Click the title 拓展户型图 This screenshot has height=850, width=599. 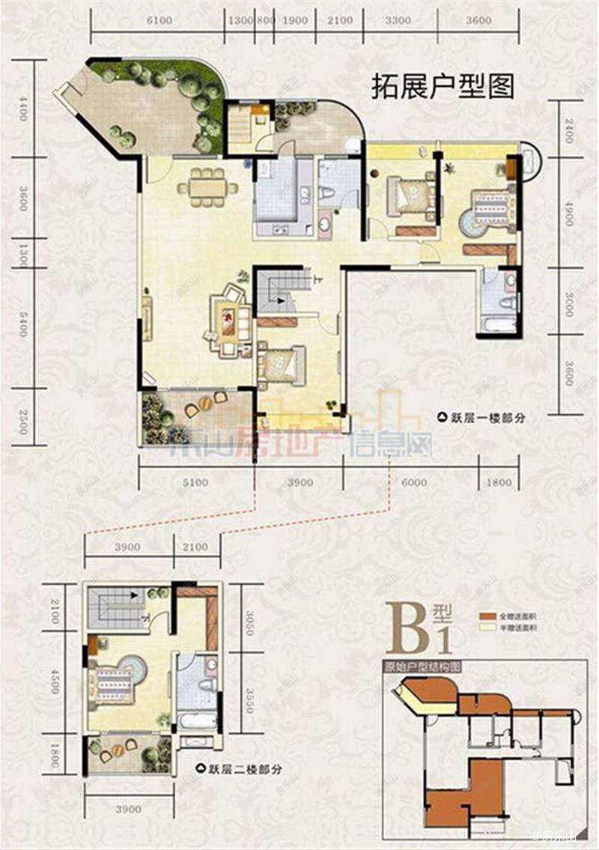tap(443, 87)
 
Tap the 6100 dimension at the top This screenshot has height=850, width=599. tap(159, 21)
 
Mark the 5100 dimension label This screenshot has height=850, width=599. tap(195, 483)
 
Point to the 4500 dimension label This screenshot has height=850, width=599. tap(53, 681)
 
